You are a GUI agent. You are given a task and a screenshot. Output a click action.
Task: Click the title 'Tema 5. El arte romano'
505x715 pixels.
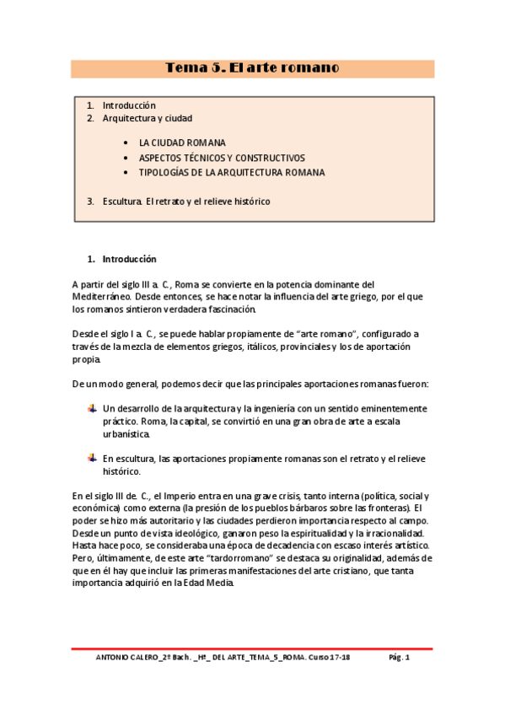252,68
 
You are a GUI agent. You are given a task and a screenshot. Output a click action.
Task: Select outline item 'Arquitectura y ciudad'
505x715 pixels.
147,118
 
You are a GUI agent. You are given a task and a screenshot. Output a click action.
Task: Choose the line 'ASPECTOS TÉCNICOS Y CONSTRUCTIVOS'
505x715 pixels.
222,158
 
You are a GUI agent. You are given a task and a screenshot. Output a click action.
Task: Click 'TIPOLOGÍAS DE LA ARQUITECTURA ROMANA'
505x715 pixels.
232,172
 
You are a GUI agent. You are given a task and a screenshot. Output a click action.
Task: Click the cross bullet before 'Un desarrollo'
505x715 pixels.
92,408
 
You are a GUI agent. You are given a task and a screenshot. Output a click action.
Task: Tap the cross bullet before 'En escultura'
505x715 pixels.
92,458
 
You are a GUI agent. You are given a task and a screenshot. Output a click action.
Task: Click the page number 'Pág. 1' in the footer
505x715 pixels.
399,658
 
